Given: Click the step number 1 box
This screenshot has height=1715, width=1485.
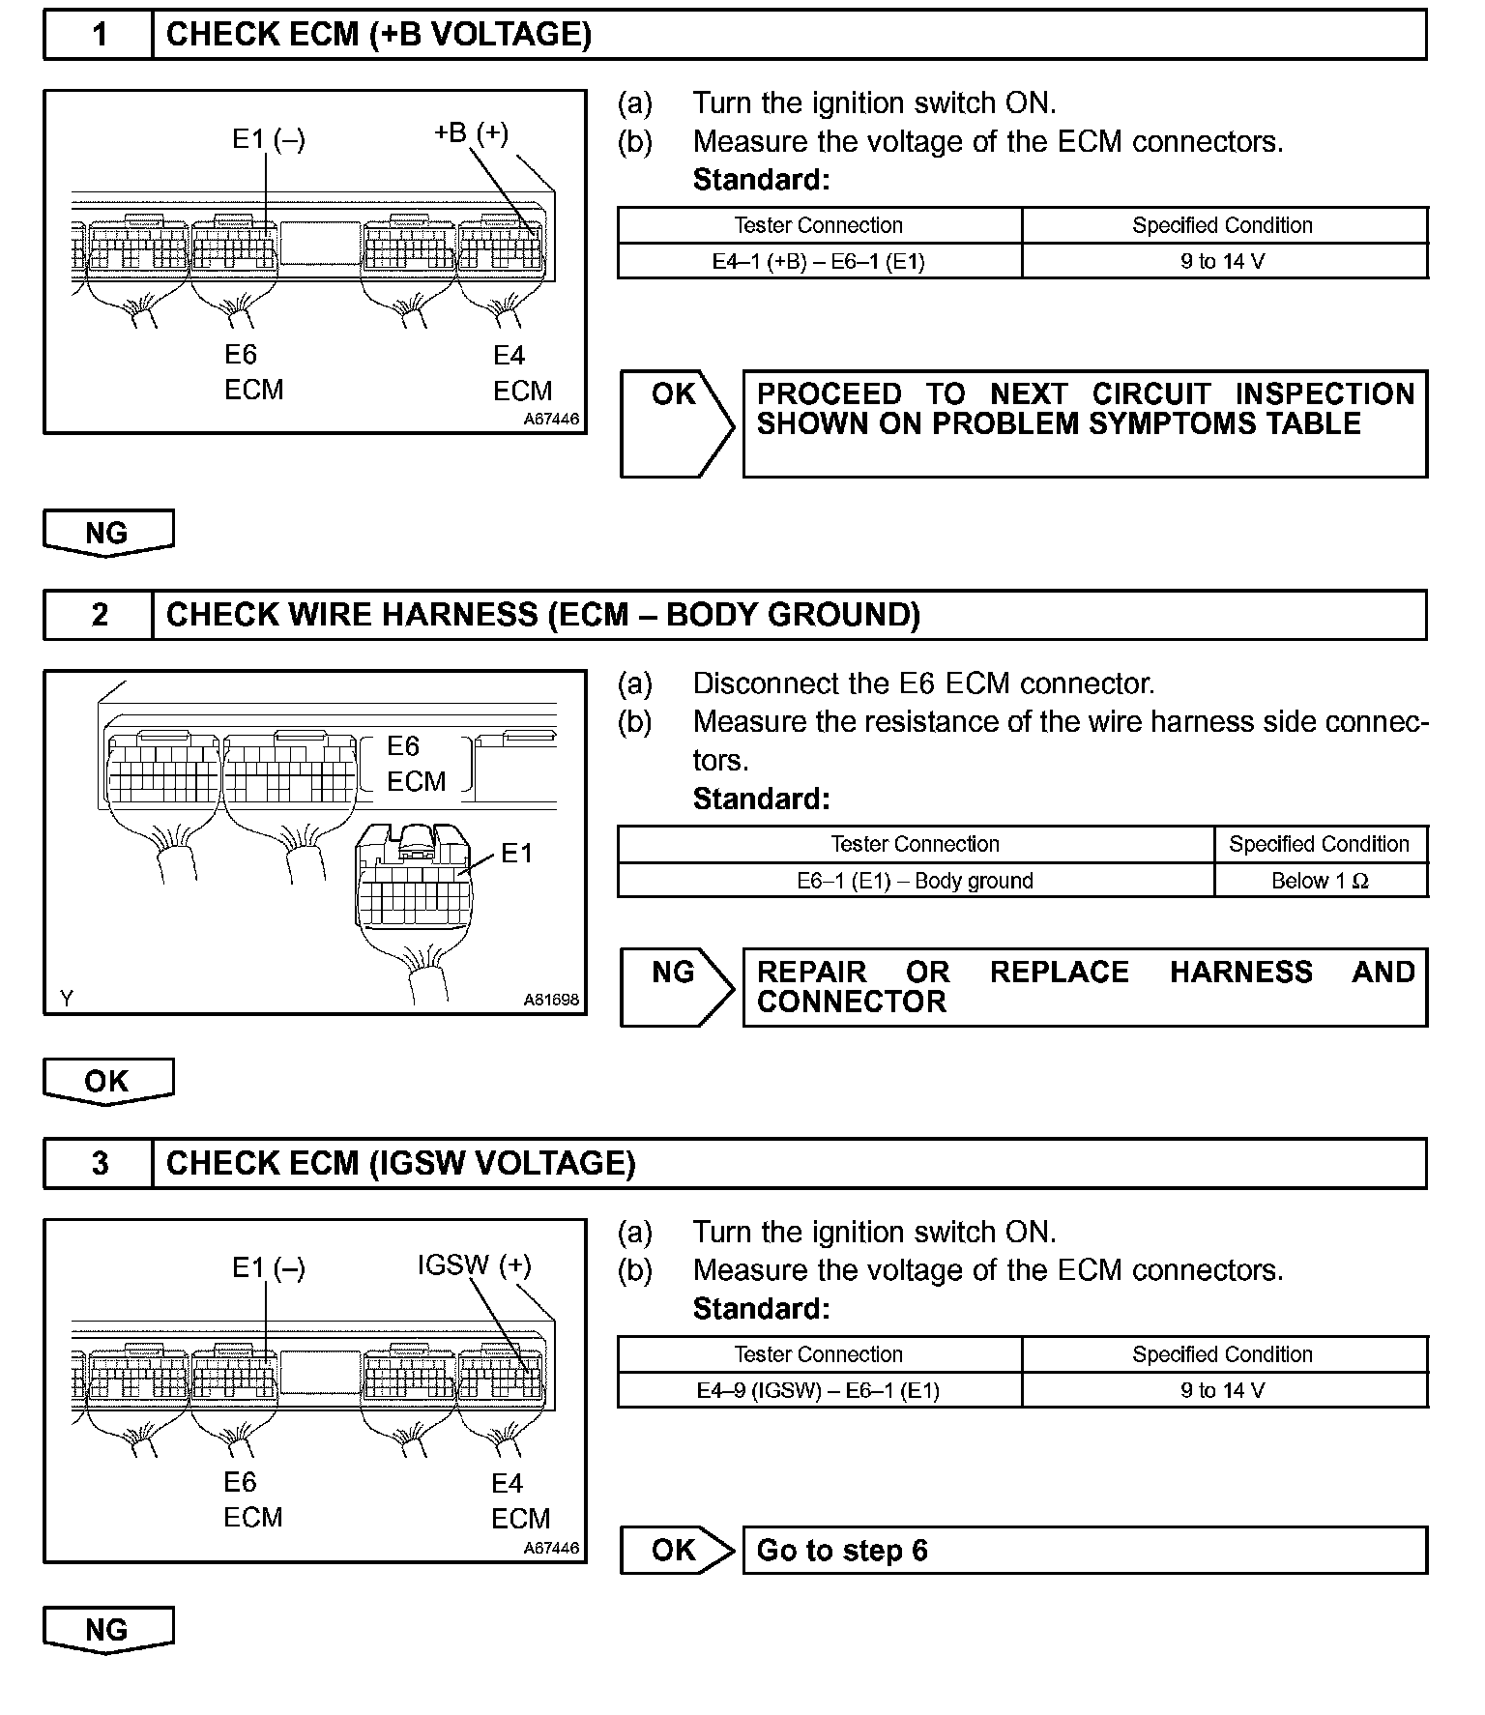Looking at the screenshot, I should (x=99, y=36).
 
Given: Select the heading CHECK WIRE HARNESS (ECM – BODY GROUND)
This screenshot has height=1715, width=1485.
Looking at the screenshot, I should (x=542, y=615).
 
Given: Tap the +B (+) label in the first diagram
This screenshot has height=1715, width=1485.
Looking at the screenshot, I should (x=471, y=132).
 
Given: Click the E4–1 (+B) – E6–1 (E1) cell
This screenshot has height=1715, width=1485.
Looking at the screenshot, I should (x=818, y=261).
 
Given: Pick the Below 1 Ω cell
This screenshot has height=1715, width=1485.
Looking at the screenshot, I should (x=1320, y=881).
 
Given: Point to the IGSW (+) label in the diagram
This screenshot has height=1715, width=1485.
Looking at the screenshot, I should (x=474, y=1264).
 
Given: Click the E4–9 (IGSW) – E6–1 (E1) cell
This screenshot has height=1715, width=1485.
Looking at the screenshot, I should (x=818, y=1390).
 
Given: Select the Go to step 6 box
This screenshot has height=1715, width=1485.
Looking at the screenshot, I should (x=1083, y=1550).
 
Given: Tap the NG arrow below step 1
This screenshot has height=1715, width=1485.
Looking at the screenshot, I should (x=107, y=533).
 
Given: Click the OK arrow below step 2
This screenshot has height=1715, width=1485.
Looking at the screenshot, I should (x=107, y=1081).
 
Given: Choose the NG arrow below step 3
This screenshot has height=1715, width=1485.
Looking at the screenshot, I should (x=107, y=1630).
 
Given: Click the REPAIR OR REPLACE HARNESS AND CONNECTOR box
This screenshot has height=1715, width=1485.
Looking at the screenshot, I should (x=1083, y=987).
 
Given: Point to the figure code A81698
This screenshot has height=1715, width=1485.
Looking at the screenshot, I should (x=551, y=1000).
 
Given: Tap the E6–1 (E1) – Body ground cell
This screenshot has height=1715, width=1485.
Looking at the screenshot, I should (x=915, y=881).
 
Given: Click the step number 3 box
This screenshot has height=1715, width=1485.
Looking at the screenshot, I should (x=99, y=1163).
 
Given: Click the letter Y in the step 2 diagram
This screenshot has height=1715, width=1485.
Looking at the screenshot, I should (x=66, y=999).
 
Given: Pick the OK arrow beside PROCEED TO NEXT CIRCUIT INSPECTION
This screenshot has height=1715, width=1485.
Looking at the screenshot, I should (x=675, y=422).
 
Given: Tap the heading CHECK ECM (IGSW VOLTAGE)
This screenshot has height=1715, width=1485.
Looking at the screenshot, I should (x=400, y=1163).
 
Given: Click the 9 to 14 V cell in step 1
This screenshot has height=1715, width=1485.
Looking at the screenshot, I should (x=1223, y=261).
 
